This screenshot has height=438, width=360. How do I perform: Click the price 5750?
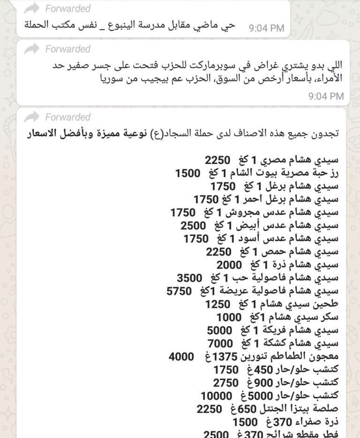179,291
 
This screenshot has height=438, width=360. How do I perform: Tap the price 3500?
189,278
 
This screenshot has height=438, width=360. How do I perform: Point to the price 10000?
217,395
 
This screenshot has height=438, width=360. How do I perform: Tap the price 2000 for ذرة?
229,265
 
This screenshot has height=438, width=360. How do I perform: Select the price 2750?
226,383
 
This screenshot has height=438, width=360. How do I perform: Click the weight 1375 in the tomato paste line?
226,357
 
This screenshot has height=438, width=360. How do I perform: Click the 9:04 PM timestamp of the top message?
266,28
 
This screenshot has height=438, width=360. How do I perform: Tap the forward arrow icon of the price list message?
32,117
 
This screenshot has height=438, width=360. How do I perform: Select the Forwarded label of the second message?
68,49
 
